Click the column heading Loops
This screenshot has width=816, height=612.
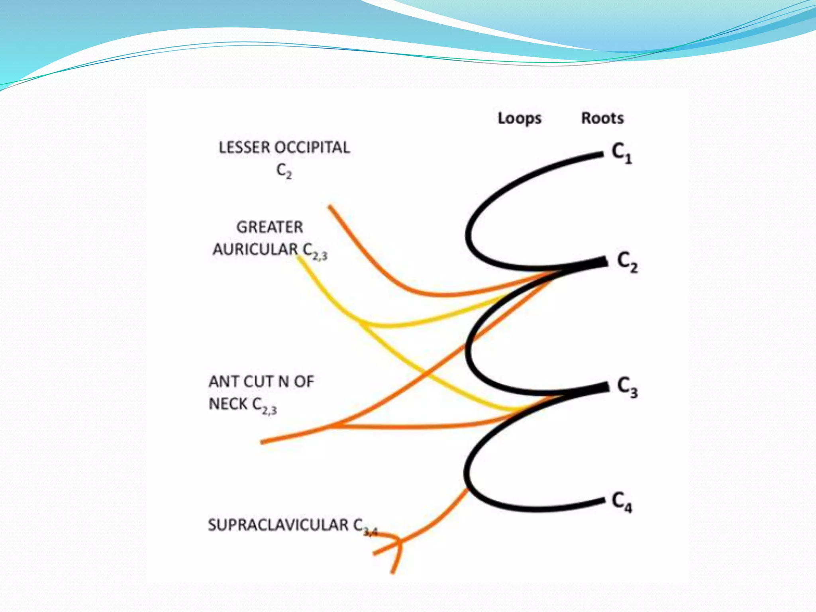519,118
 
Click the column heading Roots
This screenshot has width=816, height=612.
602,118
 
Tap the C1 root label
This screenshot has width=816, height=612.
622,153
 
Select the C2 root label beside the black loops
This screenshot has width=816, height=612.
627,262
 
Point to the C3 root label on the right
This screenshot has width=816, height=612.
627,387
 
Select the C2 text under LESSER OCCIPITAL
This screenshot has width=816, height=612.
284,171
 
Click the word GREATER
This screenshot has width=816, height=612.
270,228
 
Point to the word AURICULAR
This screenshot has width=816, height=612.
255,250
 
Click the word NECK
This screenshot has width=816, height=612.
228,404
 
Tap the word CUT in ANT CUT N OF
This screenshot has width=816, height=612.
259,382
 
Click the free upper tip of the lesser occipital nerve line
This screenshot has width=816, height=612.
330,206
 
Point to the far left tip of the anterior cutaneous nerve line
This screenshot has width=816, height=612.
262,441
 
